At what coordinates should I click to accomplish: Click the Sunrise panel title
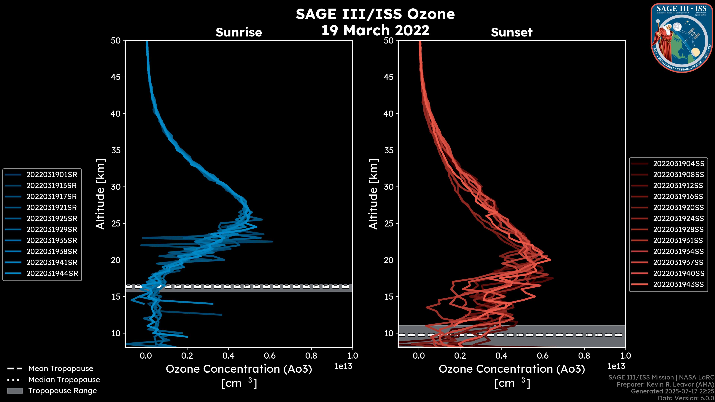pyautogui.click(x=239, y=32)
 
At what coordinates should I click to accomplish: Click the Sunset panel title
pyautogui.click(x=511, y=32)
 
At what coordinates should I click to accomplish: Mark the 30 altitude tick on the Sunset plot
pyautogui.click(x=389, y=187)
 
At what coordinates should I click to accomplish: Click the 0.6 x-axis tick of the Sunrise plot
pyautogui.click(x=270, y=356)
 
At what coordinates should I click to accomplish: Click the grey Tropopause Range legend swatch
pyautogui.click(x=15, y=391)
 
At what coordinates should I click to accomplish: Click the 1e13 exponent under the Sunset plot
pyautogui.click(x=616, y=366)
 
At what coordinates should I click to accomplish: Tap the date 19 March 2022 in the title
pyautogui.click(x=375, y=30)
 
